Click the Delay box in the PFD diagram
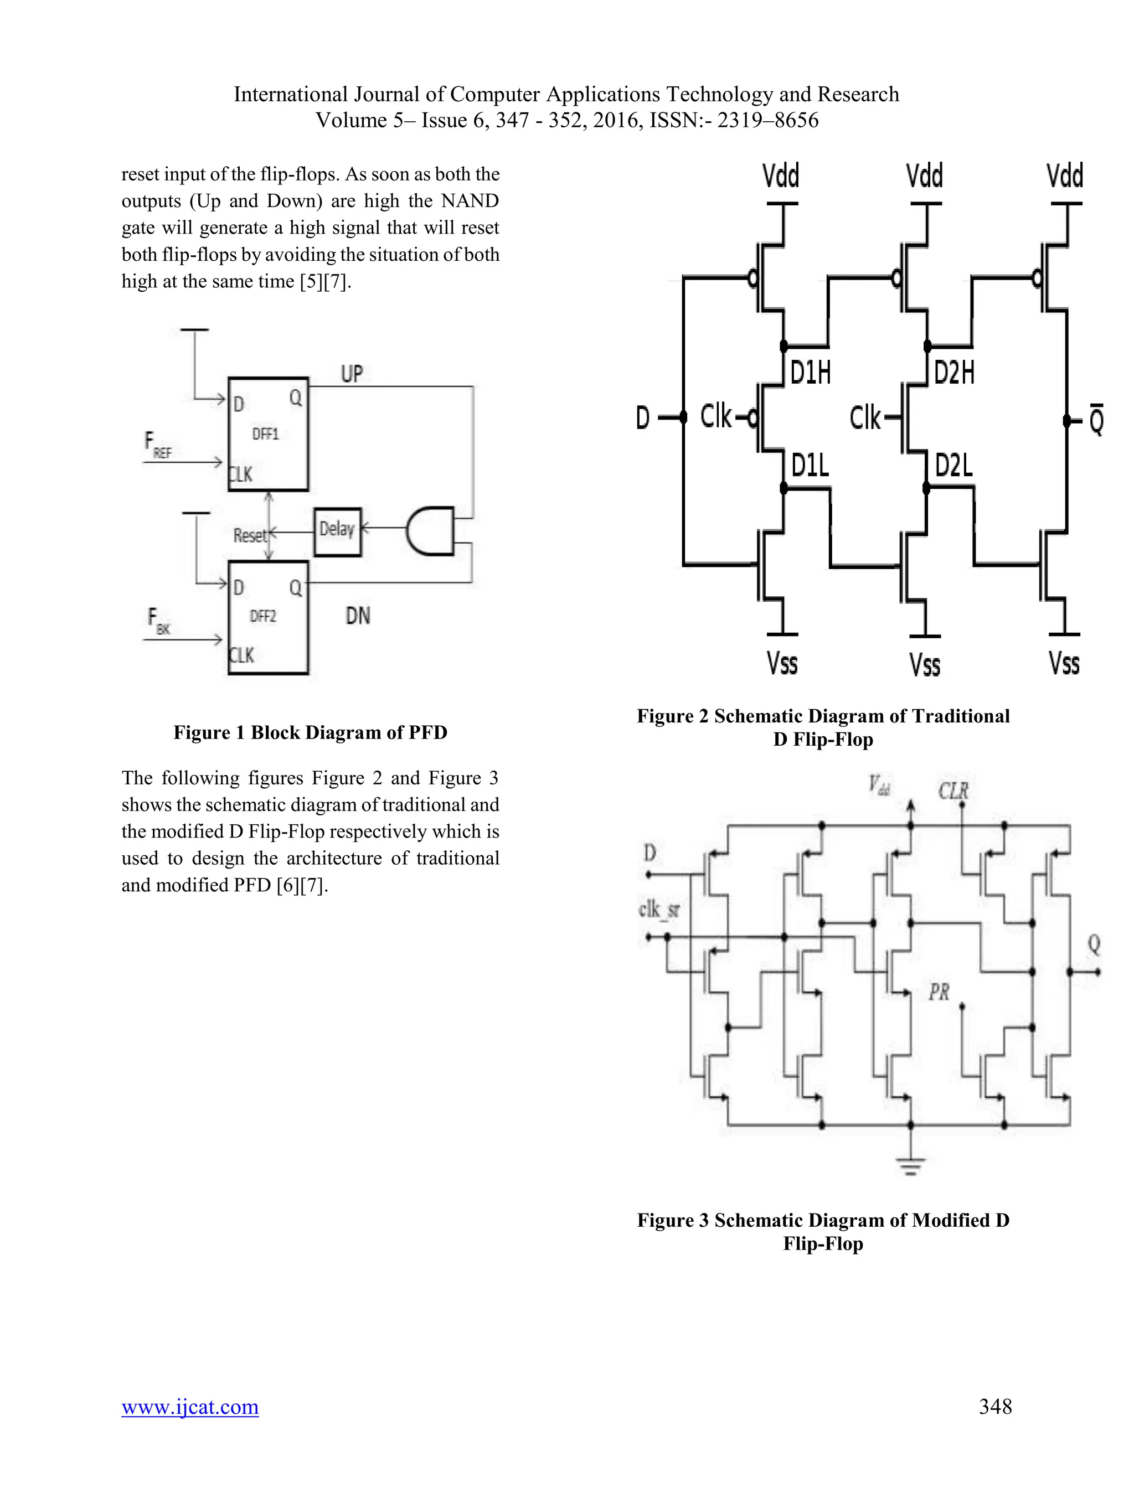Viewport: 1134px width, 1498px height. click(337, 531)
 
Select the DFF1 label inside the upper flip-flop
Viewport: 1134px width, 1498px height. click(266, 434)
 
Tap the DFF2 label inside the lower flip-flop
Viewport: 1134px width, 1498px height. click(263, 616)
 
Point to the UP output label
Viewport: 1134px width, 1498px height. click(352, 374)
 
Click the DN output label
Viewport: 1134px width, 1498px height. click(358, 616)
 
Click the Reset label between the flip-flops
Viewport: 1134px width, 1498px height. click(249, 536)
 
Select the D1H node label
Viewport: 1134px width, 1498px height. click(811, 373)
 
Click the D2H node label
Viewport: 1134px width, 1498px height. click(954, 373)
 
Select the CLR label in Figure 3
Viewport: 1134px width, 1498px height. click(953, 791)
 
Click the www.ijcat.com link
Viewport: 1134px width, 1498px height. click(190, 1407)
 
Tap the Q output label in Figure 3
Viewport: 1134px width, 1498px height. click(1094, 944)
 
